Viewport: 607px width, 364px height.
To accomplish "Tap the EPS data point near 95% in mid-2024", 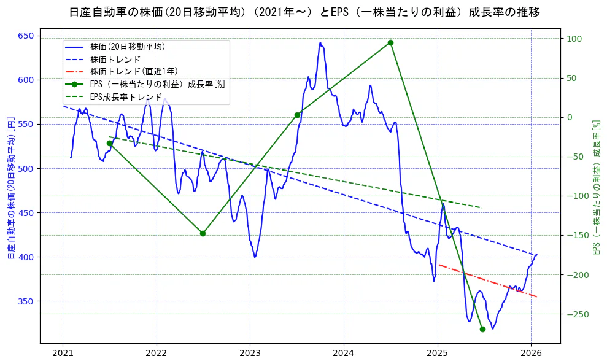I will pos(390,42).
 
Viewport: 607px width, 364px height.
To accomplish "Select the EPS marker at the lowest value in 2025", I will pos(482,329).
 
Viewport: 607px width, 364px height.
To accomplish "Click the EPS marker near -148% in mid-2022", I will pos(203,233).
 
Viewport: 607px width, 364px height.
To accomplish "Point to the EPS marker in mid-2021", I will pos(109,143).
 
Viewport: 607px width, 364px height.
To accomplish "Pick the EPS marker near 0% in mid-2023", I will pos(297,115).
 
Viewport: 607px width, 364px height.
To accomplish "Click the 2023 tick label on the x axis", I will pos(250,354).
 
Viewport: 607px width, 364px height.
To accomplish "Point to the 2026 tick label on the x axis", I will pos(531,354).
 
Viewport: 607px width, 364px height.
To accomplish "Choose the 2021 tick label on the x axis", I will pos(63,354).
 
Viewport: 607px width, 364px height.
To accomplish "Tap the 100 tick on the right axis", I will pos(573,39).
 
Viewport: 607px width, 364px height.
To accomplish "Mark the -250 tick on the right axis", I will pos(576,314).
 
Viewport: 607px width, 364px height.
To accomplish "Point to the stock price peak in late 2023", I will pos(320,43).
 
